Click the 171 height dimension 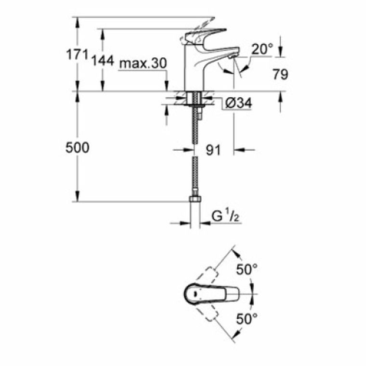(78, 55)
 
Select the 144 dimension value (103, 61)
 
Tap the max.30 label (143, 63)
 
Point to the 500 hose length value (77, 148)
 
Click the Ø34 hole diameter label (238, 103)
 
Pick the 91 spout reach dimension (213, 150)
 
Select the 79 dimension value (280, 75)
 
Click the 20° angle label (262, 49)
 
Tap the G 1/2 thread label (225, 217)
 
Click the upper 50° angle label (247, 270)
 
